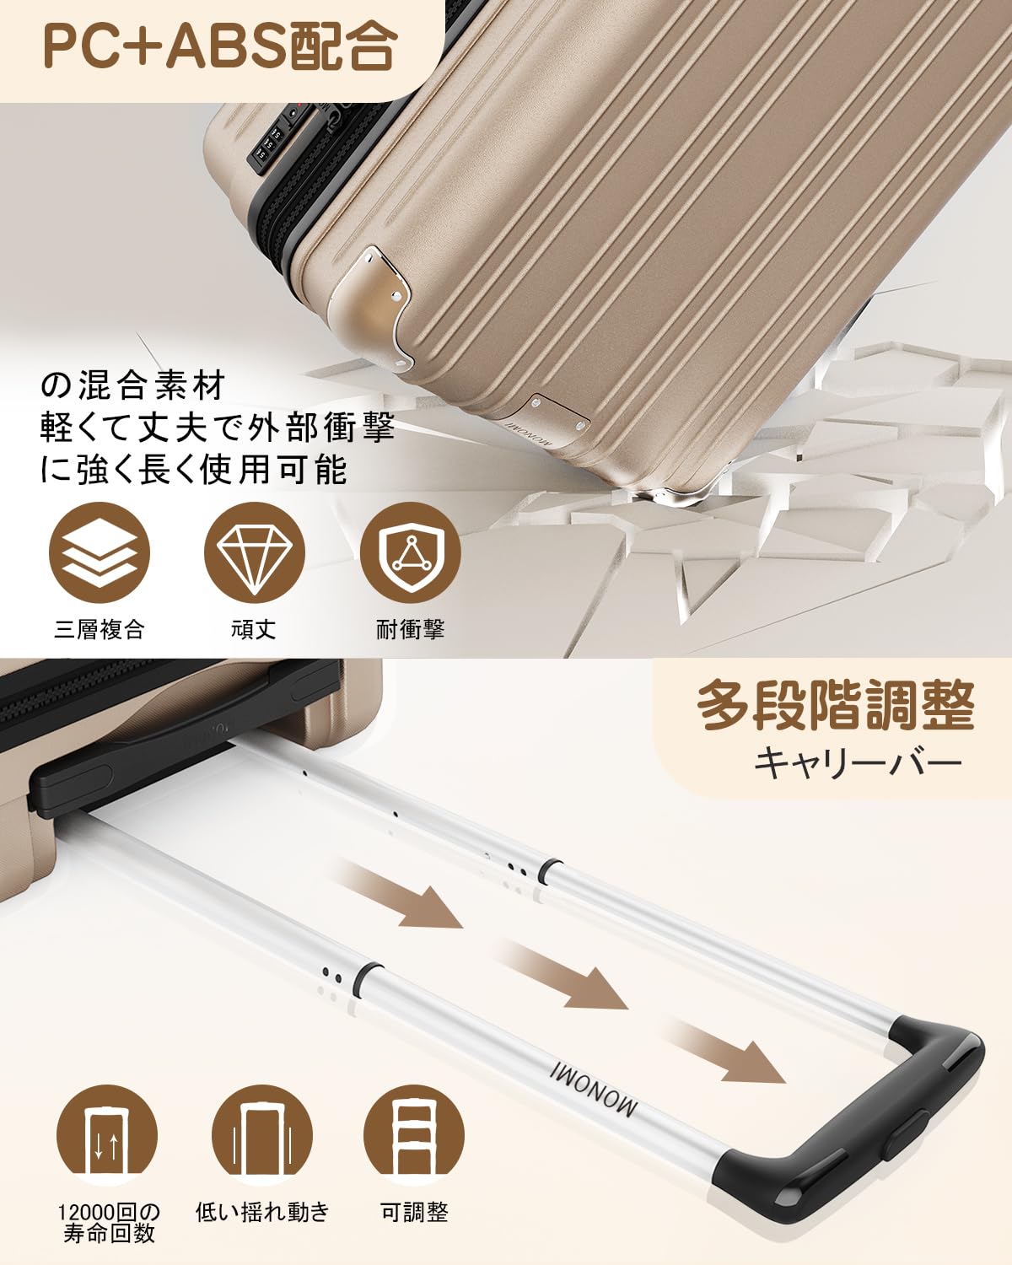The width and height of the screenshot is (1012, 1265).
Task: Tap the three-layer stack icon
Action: (x=99, y=553)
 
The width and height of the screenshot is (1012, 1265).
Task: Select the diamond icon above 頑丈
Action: (x=254, y=553)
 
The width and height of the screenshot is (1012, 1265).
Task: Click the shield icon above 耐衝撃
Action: (x=410, y=553)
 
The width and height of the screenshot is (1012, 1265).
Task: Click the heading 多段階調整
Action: (x=837, y=705)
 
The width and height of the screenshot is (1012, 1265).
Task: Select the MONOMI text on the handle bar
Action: (x=593, y=1087)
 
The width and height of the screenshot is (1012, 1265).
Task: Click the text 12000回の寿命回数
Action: (x=108, y=1221)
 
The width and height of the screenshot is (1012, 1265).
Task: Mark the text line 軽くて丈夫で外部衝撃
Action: (x=217, y=428)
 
